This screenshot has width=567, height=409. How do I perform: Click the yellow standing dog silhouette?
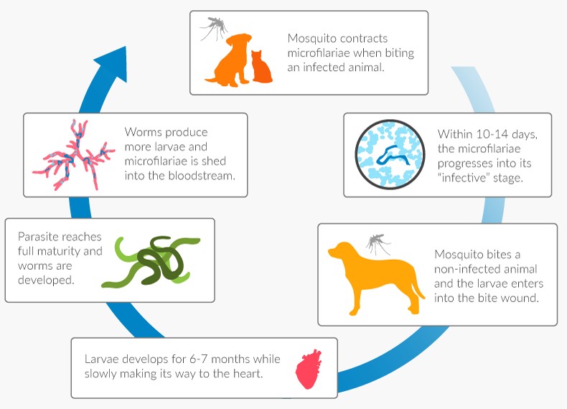point(366,276)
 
